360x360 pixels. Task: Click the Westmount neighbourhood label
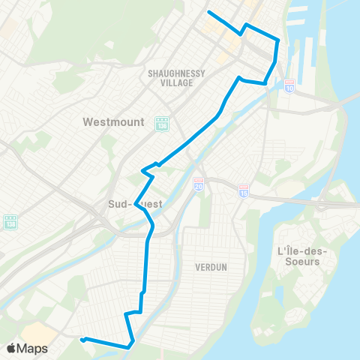[113, 121]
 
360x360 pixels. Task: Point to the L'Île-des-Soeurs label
[298, 256]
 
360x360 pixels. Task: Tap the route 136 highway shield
[162, 123]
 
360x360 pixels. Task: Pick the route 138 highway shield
[11, 223]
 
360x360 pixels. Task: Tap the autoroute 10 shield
[289, 87]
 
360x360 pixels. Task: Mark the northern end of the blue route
[208, 13]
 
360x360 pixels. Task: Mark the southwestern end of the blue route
[82, 339]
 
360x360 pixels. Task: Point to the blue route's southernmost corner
[130, 346]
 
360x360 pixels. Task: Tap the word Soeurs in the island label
[298, 262]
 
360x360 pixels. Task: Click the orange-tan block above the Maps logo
[37, 332]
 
